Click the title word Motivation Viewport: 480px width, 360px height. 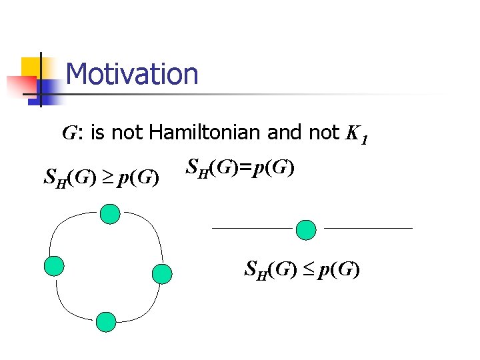pos(132,74)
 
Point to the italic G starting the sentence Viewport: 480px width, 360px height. pos(69,133)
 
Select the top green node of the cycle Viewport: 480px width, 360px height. pos(110,214)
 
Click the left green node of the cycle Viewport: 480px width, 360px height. pos(54,265)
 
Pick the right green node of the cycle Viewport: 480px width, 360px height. pos(162,273)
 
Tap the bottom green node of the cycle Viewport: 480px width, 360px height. pos(106,322)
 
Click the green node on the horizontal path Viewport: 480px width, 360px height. pos(306,229)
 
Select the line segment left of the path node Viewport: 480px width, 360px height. pos(252,228)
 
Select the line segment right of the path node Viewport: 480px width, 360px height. pos(368,228)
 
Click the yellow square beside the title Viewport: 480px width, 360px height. pos(31,68)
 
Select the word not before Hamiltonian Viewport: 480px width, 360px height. pos(127,133)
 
